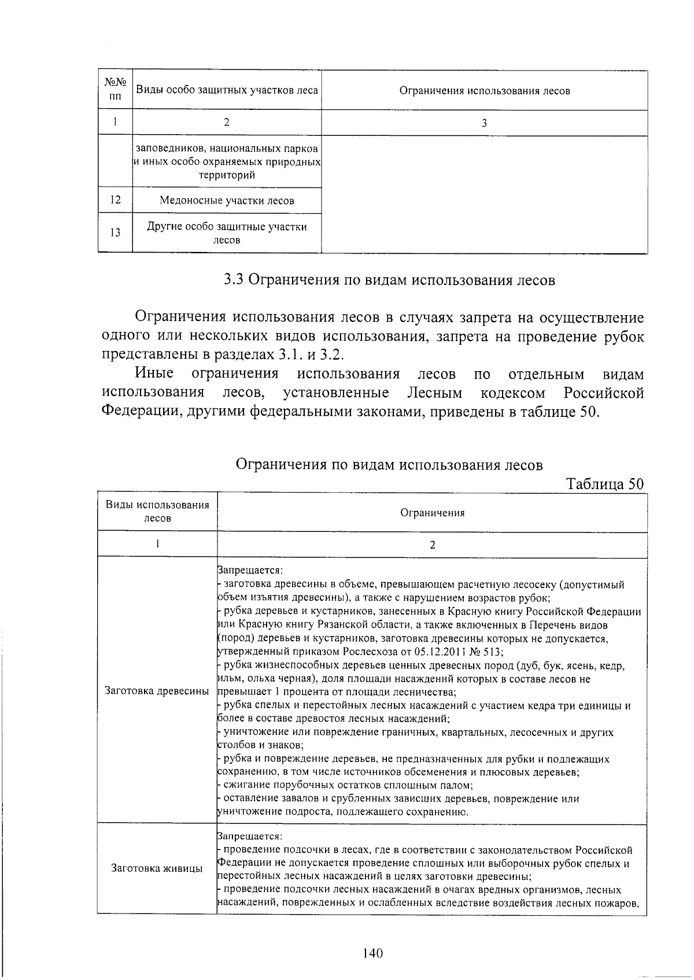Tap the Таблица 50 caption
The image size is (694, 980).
(x=604, y=483)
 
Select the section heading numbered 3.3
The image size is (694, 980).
(x=390, y=280)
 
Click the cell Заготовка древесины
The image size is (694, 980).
(x=157, y=691)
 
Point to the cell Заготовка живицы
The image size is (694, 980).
(x=157, y=868)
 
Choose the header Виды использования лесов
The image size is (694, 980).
(x=157, y=512)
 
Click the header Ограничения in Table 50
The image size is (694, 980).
(x=432, y=513)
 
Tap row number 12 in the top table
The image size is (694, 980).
(x=115, y=200)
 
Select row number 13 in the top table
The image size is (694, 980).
(x=115, y=232)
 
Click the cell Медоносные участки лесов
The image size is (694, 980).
(x=227, y=201)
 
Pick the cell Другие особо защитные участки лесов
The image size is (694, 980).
(x=227, y=233)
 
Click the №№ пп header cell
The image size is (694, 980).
(x=115, y=90)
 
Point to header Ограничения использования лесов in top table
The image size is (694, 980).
(x=485, y=91)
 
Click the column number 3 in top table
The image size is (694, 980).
(x=484, y=123)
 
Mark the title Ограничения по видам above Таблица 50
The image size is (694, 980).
(x=390, y=465)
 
